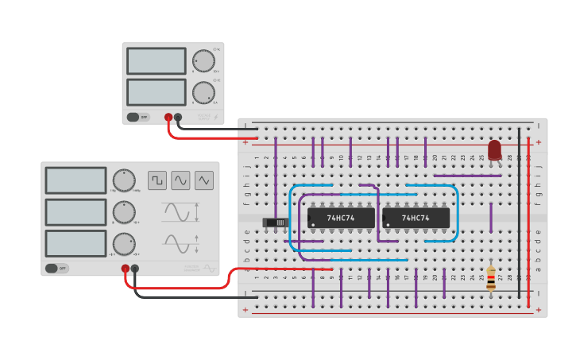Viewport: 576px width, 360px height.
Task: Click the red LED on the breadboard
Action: tap(494, 149)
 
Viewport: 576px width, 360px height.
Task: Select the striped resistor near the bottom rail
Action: tap(490, 278)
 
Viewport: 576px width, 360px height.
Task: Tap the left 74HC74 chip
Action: tap(341, 218)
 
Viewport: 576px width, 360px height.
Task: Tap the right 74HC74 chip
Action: tap(416, 218)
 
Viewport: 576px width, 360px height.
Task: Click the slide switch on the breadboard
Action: tap(275, 222)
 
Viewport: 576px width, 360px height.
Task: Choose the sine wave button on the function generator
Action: tap(180, 180)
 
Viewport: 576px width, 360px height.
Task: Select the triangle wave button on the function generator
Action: tap(204, 180)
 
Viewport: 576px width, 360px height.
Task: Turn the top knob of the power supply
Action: tap(203, 60)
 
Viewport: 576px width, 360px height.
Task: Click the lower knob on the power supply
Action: tap(203, 92)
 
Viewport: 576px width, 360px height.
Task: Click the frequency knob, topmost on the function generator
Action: tap(123, 180)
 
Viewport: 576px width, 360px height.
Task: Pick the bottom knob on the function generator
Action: tap(123, 243)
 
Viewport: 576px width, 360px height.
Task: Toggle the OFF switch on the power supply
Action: tap(137, 117)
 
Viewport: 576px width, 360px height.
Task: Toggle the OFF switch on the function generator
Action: tap(56, 269)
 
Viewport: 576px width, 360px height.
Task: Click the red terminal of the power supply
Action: tap(168, 118)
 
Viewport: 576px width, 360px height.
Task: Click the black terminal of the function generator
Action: tap(135, 269)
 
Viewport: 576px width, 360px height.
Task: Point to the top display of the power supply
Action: tap(156, 61)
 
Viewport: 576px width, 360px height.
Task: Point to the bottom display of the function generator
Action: tap(75, 243)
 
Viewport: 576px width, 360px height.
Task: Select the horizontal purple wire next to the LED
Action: tap(467, 176)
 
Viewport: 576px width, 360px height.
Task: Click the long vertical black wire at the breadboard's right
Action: tap(520, 215)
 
